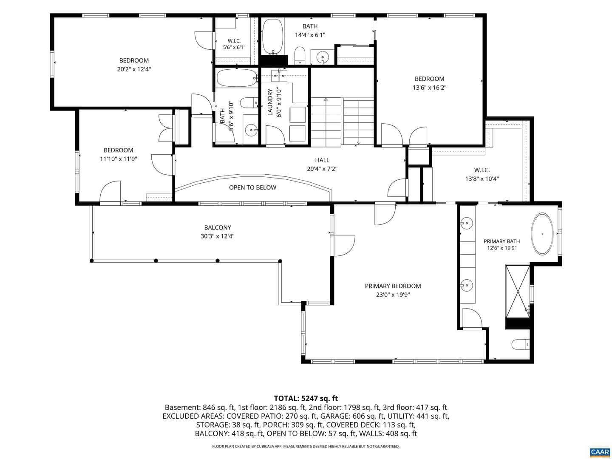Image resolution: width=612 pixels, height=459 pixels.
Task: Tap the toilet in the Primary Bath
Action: coord(520,344)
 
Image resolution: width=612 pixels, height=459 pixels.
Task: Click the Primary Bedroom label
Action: coord(393,286)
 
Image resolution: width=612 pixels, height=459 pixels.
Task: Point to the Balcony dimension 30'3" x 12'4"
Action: coord(217,236)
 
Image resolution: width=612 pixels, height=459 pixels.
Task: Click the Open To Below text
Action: coord(252,187)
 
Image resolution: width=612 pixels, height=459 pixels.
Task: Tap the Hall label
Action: coord(322,160)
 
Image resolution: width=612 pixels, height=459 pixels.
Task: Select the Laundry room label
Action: coord(269,102)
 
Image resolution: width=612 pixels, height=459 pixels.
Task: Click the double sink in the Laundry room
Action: coord(279,75)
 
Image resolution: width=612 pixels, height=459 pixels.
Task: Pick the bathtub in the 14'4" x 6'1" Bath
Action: coord(272,37)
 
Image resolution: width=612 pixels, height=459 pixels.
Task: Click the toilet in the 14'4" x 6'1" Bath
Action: coord(300,55)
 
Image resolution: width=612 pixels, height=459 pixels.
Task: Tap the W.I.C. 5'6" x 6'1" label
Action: coord(234,44)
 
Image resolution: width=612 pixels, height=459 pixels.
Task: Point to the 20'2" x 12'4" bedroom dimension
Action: coord(134,69)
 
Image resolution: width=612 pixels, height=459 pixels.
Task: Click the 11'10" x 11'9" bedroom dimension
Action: coord(119,159)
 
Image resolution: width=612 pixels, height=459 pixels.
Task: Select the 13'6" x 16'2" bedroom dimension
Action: coord(429,88)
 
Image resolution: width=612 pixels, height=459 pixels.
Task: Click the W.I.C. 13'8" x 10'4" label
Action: coord(482,174)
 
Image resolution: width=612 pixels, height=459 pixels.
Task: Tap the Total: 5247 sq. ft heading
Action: coord(306,398)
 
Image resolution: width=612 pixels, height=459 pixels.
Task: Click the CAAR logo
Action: coord(600,452)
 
